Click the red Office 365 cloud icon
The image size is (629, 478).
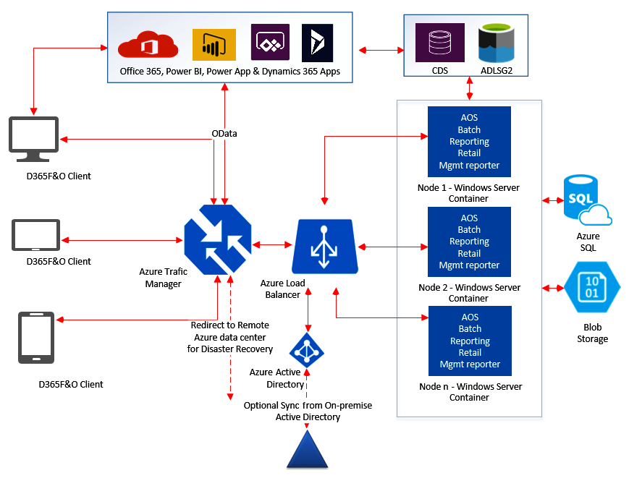tap(148, 46)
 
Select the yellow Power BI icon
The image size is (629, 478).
tap(214, 44)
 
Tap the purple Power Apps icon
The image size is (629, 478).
tap(270, 43)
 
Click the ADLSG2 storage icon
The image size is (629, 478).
tap(497, 43)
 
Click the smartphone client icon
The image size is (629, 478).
tap(35, 337)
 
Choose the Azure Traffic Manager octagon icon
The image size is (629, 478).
tap(218, 239)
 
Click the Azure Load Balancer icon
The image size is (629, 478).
tap(325, 247)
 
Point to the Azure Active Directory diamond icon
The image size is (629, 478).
tap(307, 350)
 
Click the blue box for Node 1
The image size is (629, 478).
tap(469, 142)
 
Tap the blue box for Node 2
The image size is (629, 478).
tap(469, 242)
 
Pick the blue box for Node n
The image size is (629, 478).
tap(470, 341)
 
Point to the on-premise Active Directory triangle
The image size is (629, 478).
tap(308, 451)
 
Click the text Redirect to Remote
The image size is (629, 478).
tap(230, 325)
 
